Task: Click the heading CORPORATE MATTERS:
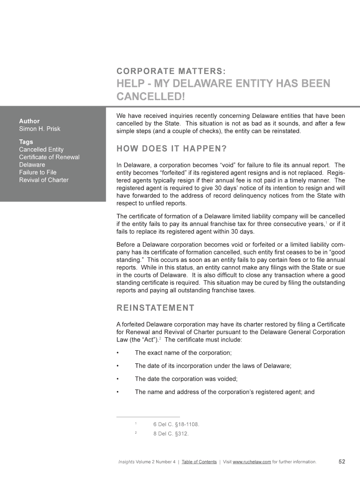pyautogui.click(x=172, y=71)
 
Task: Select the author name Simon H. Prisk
pyautogui.click(x=39, y=129)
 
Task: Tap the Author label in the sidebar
pyautogui.click(x=29, y=121)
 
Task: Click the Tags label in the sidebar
pyautogui.click(x=26, y=142)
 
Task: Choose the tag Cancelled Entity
pyautogui.click(x=41, y=150)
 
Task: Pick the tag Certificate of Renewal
pyautogui.click(x=49, y=157)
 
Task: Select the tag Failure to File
pyautogui.click(x=37, y=172)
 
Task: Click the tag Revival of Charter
pyautogui.click(x=43, y=180)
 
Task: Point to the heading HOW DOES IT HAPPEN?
pyautogui.click(x=171, y=149)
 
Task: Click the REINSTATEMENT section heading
pyautogui.click(x=155, y=307)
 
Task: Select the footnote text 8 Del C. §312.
pyautogui.click(x=171, y=433)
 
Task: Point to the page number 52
pyautogui.click(x=341, y=462)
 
